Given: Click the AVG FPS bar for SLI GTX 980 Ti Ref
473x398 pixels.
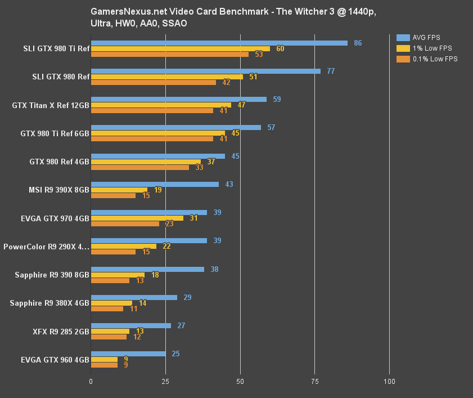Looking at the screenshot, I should coord(219,43).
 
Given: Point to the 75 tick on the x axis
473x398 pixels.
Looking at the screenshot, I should coord(315,382).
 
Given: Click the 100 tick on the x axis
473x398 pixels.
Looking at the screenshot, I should coord(389,382).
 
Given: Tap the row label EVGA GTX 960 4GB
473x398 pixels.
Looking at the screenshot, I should coord(55,359).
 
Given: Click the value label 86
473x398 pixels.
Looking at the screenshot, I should coord(358,43).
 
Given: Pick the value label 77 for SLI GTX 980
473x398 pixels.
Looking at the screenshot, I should coord(331,71).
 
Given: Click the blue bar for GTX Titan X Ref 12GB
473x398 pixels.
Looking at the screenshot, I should coord(179,99).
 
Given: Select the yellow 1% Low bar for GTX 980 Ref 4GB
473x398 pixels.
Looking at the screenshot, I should coord(146,162).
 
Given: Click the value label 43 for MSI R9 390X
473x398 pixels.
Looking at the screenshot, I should coord(229,184).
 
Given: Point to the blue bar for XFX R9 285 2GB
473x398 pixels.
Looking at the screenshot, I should coord(131,325).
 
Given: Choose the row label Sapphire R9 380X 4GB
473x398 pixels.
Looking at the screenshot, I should coord(49,303).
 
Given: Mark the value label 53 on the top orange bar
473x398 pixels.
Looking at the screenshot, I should coord(259,54).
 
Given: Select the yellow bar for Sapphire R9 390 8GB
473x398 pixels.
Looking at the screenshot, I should coord(118,275).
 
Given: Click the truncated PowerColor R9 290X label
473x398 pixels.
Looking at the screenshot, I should coord(46,247).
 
